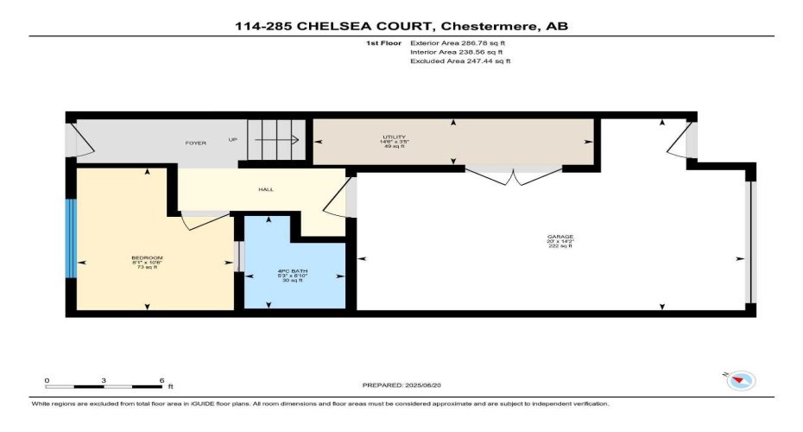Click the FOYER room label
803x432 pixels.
pyautogui.click(x=195, y=143)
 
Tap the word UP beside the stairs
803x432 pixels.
pyautogui.click(x=232, y=140)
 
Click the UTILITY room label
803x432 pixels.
pyautogui.click(x=395, y=137)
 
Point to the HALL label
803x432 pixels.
pyautogui.click(x=266, y=189)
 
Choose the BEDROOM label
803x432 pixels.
pyautogui.click(x=147, y=258)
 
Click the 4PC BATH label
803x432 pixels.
pyautogui.click(x=294, y=272)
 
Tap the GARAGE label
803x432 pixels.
pyautogui.click(x=560, y=237)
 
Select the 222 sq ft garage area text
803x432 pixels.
pyautogui.click(x=560, y=247)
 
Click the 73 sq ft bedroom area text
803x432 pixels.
pyautogui.click(x=147, y=268)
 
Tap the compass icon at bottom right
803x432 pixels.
pyautogui.click(x=741, y=380)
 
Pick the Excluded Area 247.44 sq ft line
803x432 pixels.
pyautogui.click(x=459, y=61)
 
